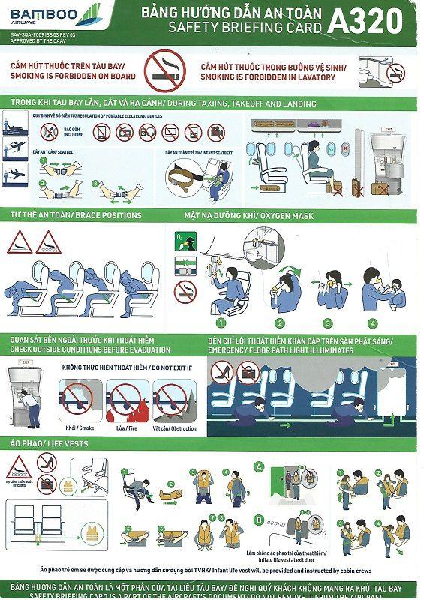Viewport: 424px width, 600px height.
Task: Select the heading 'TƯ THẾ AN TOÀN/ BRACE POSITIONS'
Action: [76, 215]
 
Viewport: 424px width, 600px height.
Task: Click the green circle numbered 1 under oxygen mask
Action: [221, 323]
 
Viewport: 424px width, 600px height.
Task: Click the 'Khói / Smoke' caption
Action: [79, 427]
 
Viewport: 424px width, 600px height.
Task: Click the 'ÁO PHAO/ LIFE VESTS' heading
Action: [50, 444]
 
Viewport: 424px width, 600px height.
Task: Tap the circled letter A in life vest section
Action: [260, 466]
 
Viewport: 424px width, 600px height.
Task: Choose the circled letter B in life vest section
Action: [260, 518]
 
